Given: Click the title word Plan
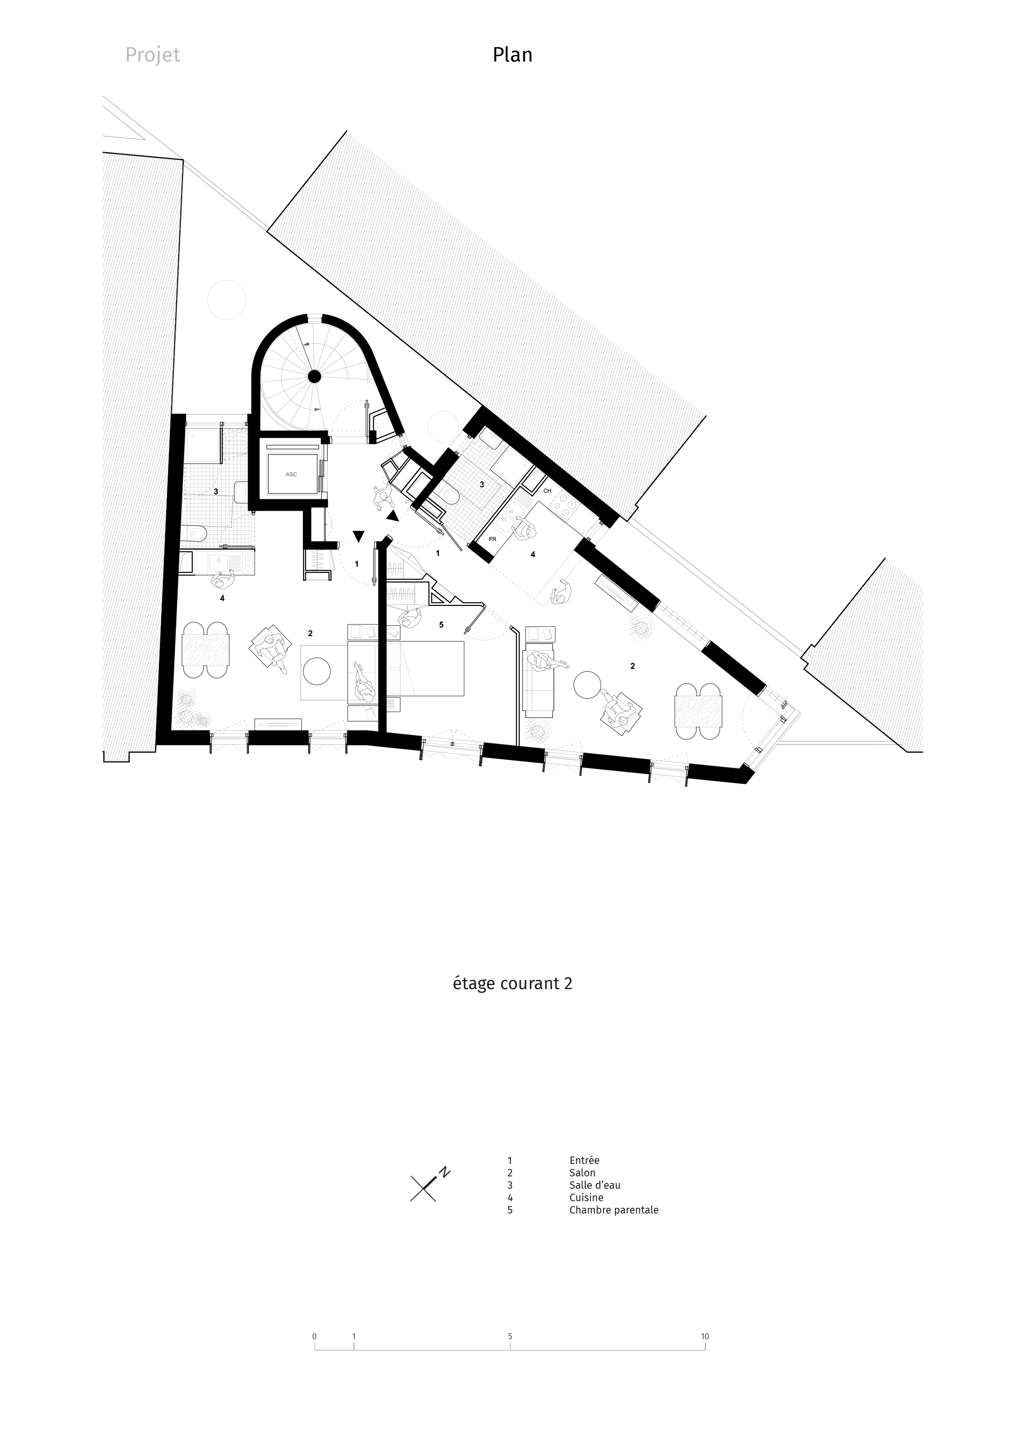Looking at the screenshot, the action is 512,55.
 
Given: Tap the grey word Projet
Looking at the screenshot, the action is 153,55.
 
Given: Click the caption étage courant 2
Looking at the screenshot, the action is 512,984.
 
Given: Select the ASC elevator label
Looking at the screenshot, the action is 291,474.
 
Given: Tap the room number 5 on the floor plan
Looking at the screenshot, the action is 441,625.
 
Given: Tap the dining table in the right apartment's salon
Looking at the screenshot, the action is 697,711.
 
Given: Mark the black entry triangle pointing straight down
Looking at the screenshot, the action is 359,536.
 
